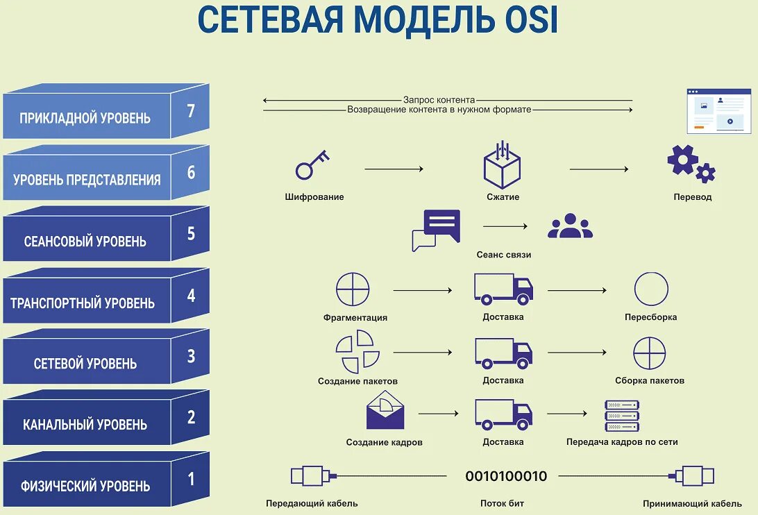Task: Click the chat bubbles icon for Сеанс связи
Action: click(x=435, y=230)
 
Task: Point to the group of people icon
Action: click(x=570, y=226)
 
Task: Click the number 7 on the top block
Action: click(x=191, y=111)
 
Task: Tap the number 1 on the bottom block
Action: click(x=191, y=479)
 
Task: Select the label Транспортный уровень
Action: click(x=83, y=303)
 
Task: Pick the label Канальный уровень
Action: click(x=85, y=424)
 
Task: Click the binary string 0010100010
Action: click(x=506, y=477)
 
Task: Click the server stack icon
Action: click(x=622, y=416)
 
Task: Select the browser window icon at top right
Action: click(x=719, y=111)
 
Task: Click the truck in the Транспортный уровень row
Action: click(x=503, y=289)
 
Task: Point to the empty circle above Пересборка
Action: click(x=651, y=289)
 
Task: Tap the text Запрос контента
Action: click(x=439, y=100)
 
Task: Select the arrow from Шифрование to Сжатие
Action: click(x=394, y=169)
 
